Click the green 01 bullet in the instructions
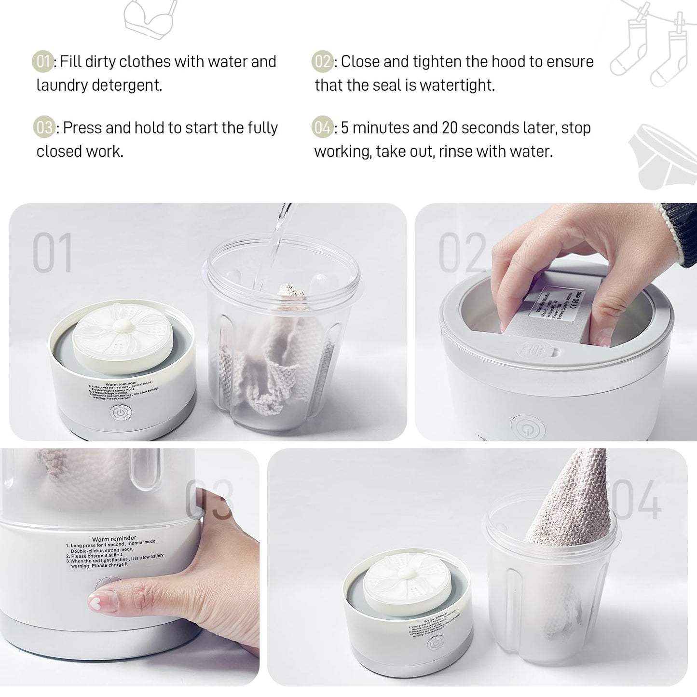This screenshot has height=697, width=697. [42, 62]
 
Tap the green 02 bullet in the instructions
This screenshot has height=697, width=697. [322, 62]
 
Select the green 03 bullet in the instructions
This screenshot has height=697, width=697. [43, 128]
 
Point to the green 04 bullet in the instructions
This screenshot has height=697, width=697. [322, 128]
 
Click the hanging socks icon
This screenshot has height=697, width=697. [651, 48]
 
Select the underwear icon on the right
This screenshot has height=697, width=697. [663, 157]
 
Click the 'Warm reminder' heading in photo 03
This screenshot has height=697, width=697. [114, 539]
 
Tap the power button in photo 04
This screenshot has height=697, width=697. [436, 643]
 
